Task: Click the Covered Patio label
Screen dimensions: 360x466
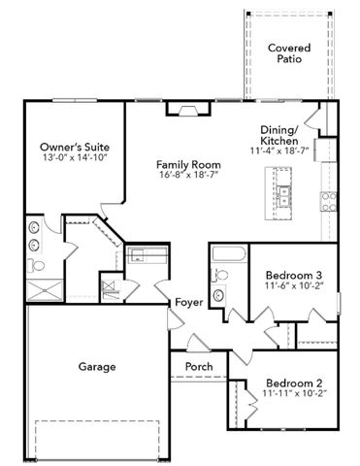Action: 289,53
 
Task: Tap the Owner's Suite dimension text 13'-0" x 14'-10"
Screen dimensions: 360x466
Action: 75,157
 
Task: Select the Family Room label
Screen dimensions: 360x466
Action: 188,164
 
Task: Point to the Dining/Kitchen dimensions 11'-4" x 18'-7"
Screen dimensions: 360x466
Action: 279,150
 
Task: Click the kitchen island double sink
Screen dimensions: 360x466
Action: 283,196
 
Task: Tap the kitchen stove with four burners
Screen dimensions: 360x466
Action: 328,202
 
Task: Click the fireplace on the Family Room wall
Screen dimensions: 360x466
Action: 188,109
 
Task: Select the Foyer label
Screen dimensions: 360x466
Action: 189,302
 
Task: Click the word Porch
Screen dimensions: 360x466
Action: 199,367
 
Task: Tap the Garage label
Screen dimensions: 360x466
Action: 97,367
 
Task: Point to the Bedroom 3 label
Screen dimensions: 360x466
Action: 294,276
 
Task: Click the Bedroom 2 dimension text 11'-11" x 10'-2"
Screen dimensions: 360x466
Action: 295,393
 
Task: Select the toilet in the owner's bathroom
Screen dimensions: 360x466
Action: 36,266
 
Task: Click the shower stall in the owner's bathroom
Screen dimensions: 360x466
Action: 45,290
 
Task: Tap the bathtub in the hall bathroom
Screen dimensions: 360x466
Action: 229,254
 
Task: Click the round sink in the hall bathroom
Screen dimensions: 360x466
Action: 219,294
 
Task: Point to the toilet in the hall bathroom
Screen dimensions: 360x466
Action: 219,275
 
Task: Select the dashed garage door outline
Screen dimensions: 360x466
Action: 97,440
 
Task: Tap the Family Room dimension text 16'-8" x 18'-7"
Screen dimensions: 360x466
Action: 188,175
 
